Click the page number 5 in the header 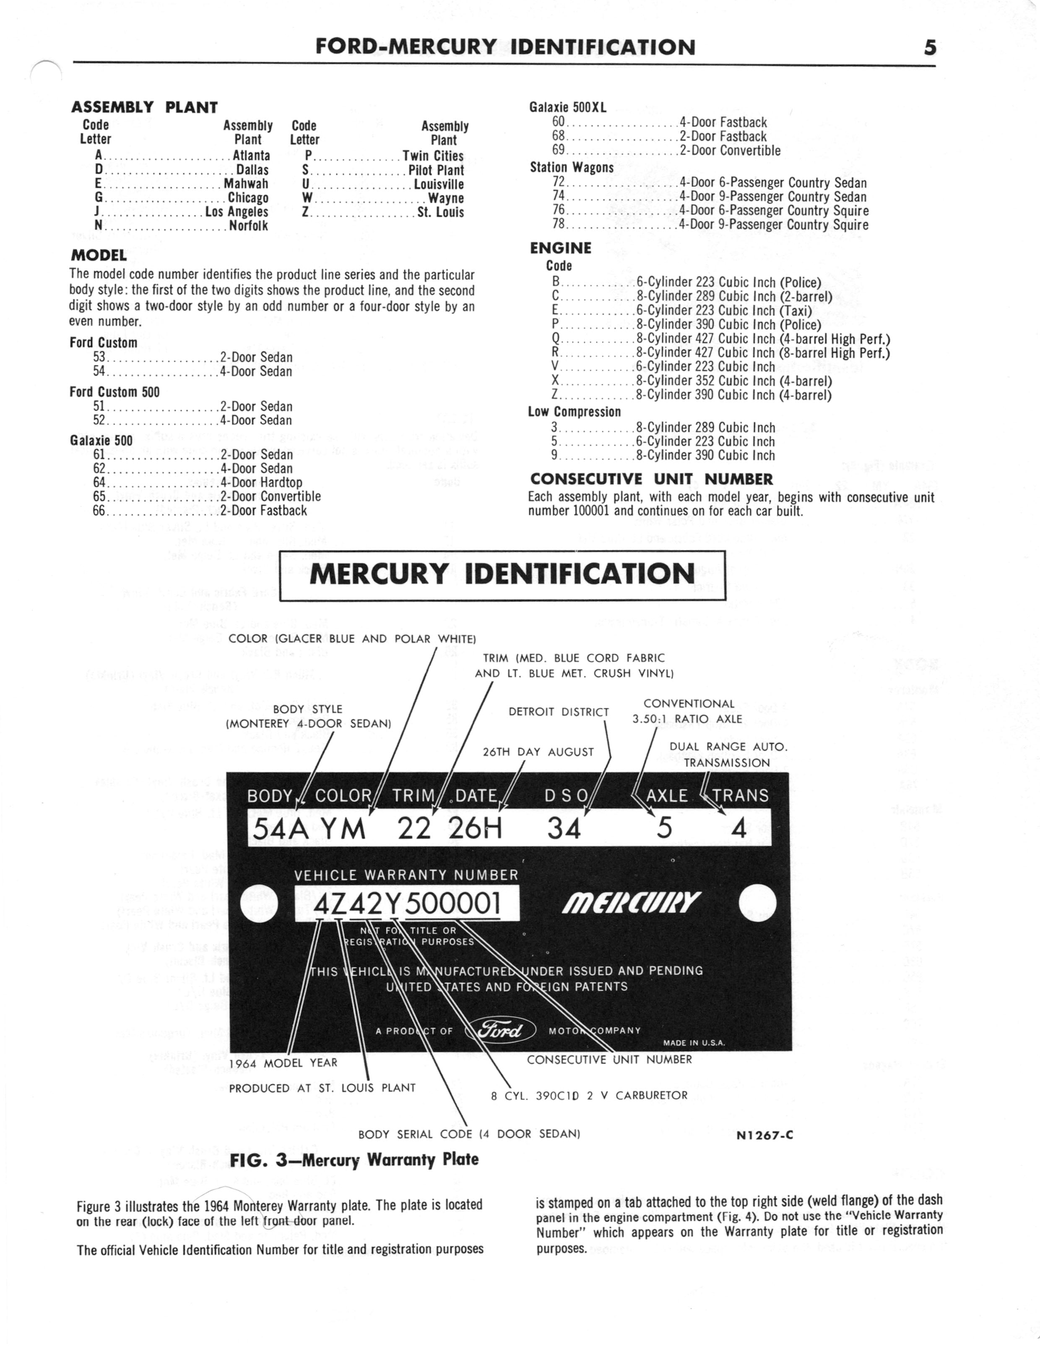point(929,48)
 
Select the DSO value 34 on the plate point(564,828)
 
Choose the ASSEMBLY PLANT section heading point(144,107)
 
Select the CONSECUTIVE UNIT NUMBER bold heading point(651,479)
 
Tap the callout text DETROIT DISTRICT point(559,712)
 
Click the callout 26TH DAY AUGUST point(538,752)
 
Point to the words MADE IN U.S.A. point(694,1043)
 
